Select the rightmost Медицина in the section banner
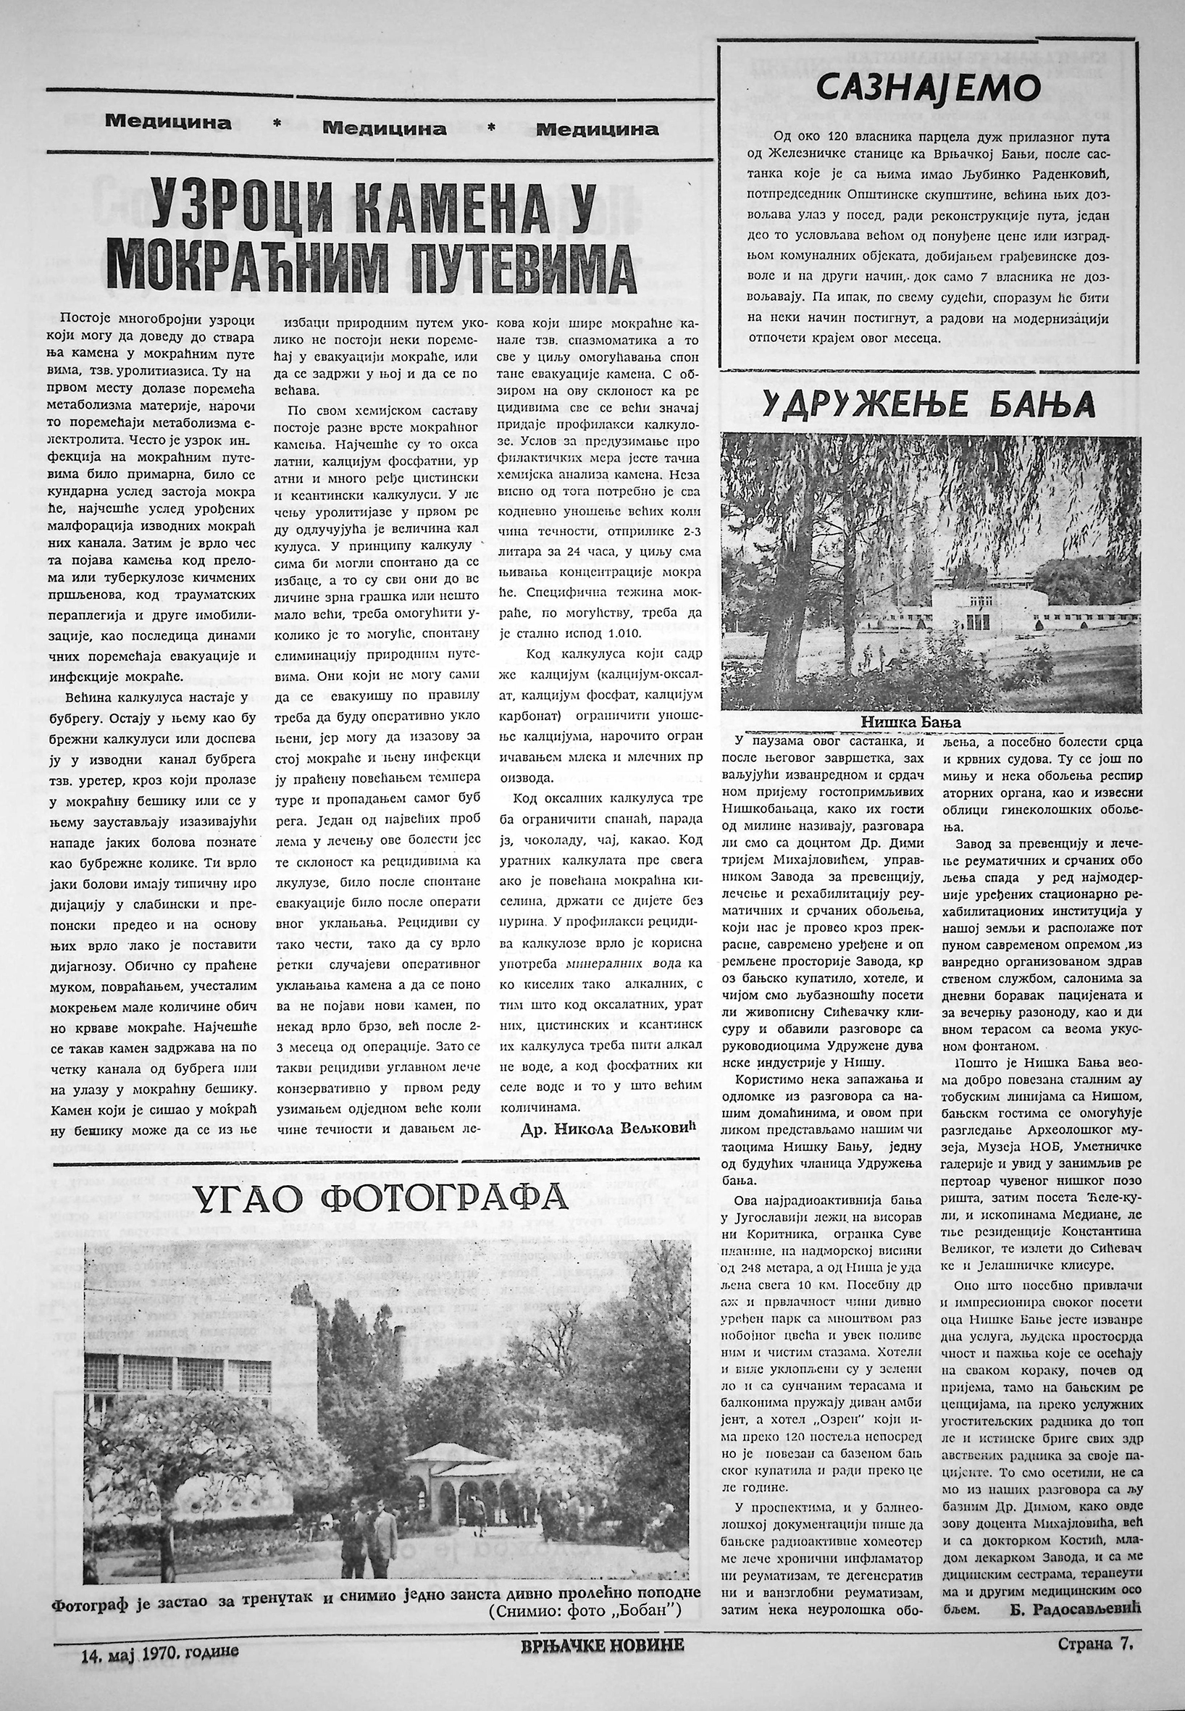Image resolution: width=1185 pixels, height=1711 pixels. pyautogui.click(x=598, y=129)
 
